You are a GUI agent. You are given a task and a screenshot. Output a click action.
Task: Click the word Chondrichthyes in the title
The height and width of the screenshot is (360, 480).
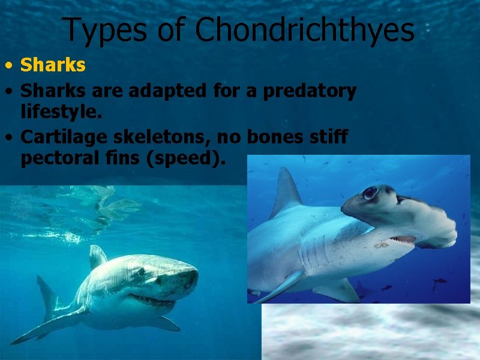click(x=305, y=30)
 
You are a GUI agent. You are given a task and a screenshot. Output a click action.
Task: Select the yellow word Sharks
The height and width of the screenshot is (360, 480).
click(x=53, y=65)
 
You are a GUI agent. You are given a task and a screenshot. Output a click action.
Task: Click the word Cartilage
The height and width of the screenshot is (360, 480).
click(x=62, y=137)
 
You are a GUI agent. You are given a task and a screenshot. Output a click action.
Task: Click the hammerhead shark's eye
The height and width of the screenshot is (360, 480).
click(x=370, y=193)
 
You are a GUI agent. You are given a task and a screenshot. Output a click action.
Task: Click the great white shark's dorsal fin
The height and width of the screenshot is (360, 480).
click(x=97, y=257)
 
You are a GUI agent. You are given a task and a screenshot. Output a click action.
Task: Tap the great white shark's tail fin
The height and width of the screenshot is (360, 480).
click(x=45, y=300)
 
